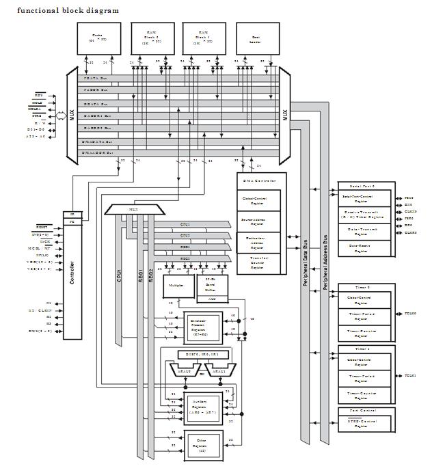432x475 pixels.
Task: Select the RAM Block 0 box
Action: click(x=150, y=38)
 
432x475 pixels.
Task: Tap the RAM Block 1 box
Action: click(x=204, y=38)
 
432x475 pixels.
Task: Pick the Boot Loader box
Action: click(x=257, y=38)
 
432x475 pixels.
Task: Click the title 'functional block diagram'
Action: click(x=68, y=10)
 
